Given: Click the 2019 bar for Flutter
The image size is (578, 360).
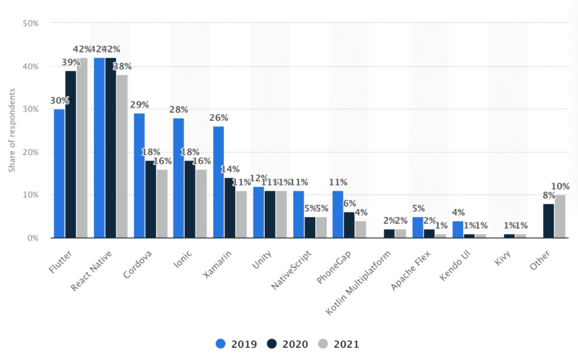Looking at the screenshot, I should pos(59,173).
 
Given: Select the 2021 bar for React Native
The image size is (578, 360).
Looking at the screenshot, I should pos(122,156).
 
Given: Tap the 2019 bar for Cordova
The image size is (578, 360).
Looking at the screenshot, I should pos(139,175).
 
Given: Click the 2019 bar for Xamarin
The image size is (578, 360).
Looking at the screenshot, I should pos(218,182).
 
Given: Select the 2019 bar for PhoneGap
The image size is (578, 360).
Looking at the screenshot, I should pos(338,214).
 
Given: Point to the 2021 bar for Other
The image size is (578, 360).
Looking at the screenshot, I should pos(560,216).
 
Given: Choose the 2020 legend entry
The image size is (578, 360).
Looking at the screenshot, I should pos(288,344).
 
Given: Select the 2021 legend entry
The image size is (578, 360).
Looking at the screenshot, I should pos(339,344).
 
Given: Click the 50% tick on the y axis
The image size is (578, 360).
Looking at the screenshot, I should pos(30,24).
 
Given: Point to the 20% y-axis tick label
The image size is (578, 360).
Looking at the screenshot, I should pos(30,152).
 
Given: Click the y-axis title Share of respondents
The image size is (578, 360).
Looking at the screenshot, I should pos(12,131).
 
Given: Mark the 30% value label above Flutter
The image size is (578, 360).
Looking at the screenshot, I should pos(59,101).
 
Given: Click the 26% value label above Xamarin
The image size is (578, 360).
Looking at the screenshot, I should pos(218,118).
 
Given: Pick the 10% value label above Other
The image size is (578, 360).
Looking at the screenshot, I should pos(560,187).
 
